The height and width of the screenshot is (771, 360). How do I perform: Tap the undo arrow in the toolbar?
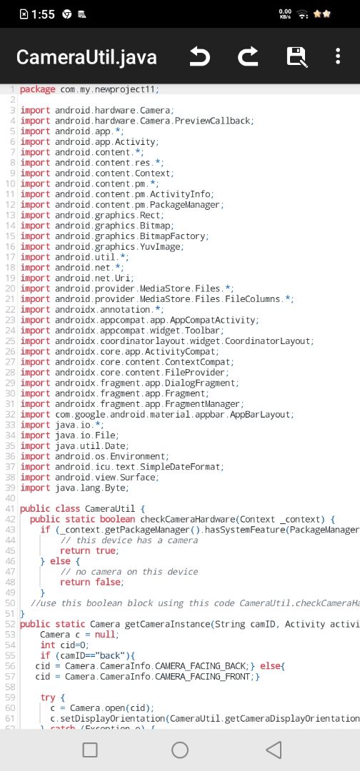(x=200, y=57)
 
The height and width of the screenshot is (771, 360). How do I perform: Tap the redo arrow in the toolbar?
(x=248, y=57)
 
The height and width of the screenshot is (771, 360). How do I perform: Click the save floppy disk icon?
(x=297, y=57)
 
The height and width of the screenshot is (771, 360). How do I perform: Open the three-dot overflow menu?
(x=337, y=56)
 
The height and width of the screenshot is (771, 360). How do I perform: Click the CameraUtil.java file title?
(x=86, y=58)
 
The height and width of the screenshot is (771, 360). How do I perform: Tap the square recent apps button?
(x=90, y=750)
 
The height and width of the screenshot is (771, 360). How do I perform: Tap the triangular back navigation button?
(x=274, y=750)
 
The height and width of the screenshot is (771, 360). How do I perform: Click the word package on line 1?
(x=37, y=89)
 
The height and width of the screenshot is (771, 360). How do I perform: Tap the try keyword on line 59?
(x=48, y=698)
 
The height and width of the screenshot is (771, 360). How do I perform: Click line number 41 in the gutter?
(x=10, y=509)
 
